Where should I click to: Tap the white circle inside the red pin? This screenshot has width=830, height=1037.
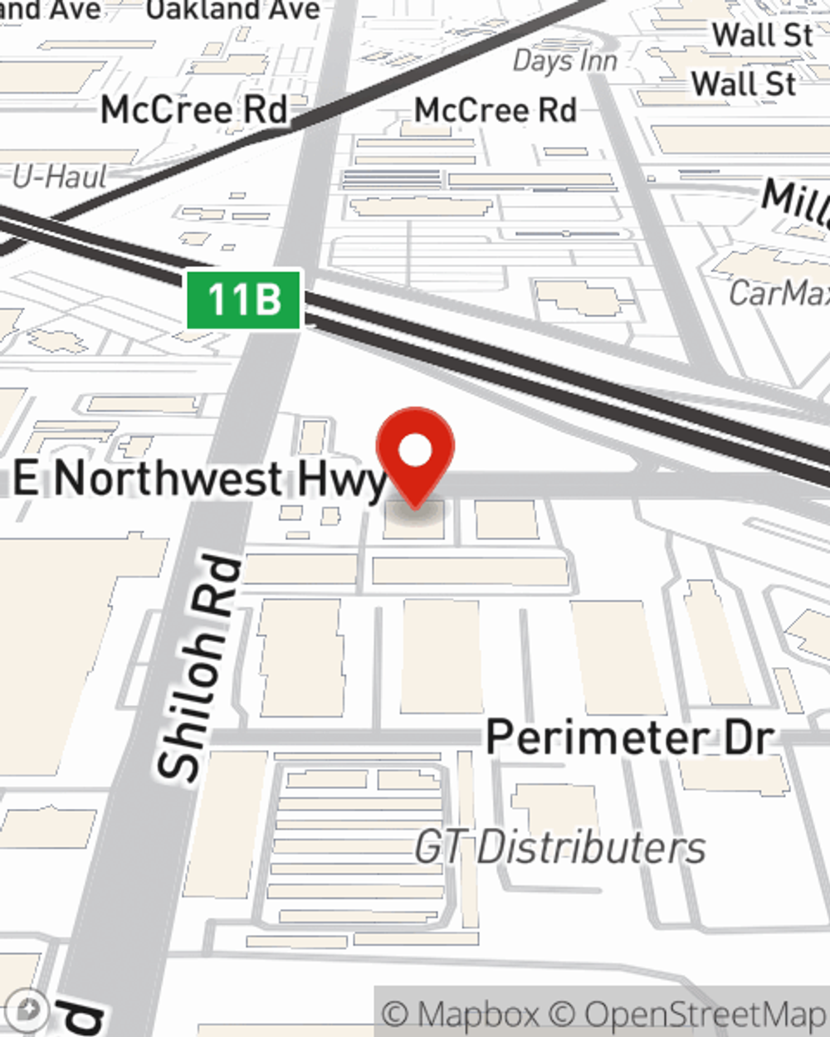pyautogui.click(x=415, y=451)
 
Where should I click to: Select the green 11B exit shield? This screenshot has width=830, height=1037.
pyautogui.click(x=242, y=299)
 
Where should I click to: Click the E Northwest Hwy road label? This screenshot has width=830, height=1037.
pyautogui.click(x=200, y=480)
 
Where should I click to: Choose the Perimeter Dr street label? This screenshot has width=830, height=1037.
pyautogui.click(x=630, y=737)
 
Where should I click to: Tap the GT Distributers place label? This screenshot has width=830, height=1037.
pyautogui.click(x=560, y=848)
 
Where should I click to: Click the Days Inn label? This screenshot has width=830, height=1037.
pyautogui.click(x=565, y=61)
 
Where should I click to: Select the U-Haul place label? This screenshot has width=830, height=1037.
pyautogui.click(x=60, y=177)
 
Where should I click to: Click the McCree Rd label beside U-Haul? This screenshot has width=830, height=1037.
pyautogui.click(x=194, y=110)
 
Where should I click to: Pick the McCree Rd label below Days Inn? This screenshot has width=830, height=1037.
pyautogui.click(x=496, y=110)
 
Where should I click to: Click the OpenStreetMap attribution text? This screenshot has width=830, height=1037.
pyautogui.click(x=704, y=1015)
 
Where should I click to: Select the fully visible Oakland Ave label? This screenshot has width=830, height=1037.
pyautogui.click(x=233, y=10)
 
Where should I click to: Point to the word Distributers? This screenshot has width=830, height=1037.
pyautogui.click(x=591, y=848)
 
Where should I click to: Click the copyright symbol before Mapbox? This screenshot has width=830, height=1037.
pyautogui.click(x=395, y=1015)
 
